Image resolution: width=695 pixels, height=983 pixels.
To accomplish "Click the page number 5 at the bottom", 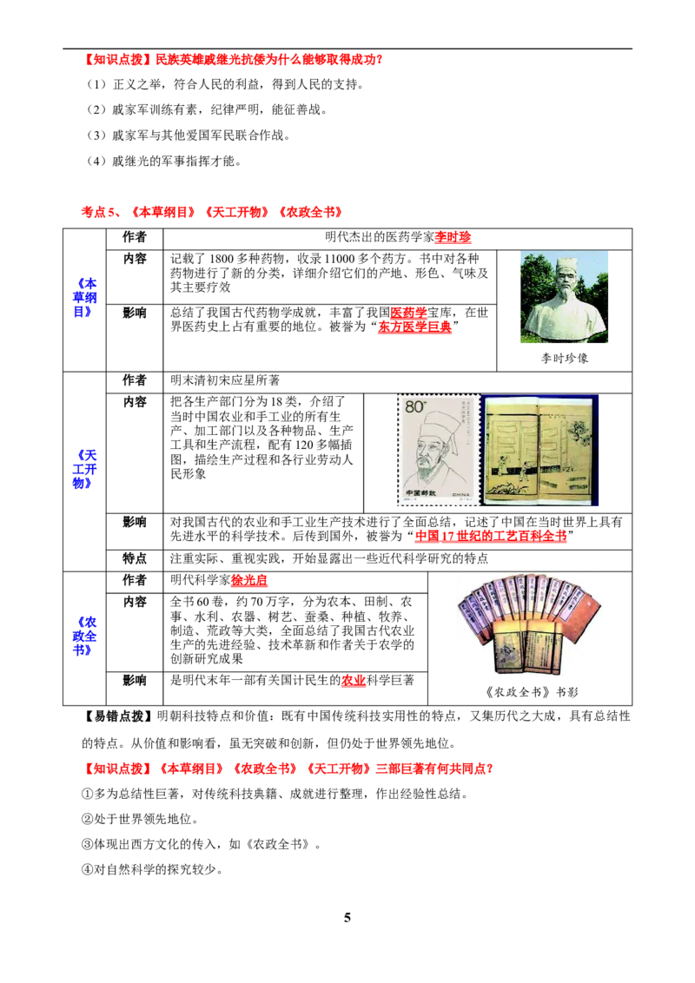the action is click(x=347, y=918).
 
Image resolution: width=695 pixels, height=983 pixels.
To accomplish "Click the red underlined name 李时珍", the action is click(x=453, y=237).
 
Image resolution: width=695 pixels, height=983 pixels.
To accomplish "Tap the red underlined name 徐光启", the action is click(x=249, y=581).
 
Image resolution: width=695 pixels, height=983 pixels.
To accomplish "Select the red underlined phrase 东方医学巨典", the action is click(x=414, y=327).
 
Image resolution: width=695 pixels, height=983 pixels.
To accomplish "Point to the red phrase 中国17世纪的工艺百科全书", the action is click(x=491, y=536).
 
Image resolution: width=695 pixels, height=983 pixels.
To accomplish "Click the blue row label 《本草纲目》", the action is click(x=84, y=298).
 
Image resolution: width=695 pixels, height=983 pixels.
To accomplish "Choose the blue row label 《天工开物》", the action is click(x=84, y=469).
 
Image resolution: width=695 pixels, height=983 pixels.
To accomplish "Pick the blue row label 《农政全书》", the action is click(x=84, y=637).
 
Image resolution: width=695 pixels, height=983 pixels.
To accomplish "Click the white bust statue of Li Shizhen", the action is click(x=564, y=297).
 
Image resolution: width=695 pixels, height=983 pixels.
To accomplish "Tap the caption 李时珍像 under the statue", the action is click(x=565, y=359).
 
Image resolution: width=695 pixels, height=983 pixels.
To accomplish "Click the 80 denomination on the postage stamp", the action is click(x=414, y=407).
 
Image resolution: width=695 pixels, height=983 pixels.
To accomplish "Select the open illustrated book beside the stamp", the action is click(x=539, y=450).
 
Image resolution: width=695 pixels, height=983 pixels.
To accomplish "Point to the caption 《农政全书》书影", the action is click(x=532, y=692).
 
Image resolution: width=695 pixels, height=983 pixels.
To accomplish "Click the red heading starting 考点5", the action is click(x=212, y=213).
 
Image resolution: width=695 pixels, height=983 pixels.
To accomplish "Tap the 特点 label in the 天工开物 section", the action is click(x=135, y=558).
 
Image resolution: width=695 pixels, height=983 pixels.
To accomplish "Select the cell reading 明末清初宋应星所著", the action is click(x=225, y=380).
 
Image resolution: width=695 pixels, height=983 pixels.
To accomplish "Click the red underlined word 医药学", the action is click(x=408, y=313).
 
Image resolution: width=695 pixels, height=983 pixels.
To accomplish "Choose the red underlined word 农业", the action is click(x=353, y=681).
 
